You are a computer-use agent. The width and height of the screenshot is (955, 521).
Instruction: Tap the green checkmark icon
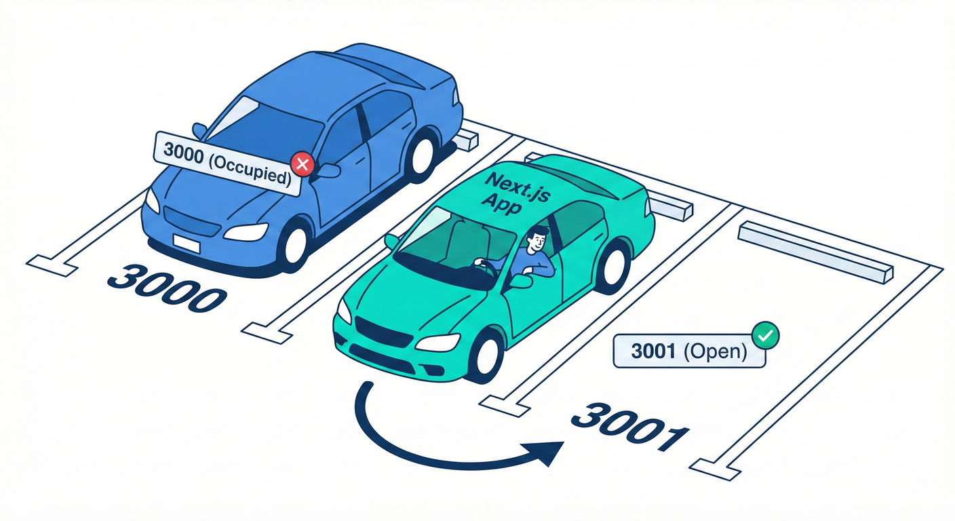pos(766,334)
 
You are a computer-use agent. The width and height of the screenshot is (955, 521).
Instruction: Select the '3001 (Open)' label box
pos(688,351)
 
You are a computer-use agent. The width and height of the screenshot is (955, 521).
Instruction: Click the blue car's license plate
pos(186,242)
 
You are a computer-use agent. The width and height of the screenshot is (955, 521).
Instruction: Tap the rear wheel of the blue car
pos(421,155)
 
